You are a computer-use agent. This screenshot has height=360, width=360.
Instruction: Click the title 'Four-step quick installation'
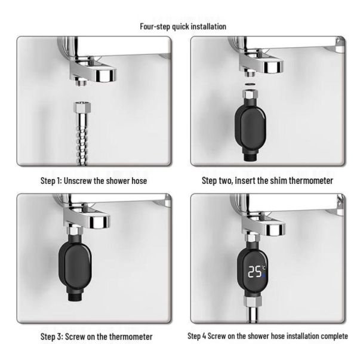(x=183, y=26)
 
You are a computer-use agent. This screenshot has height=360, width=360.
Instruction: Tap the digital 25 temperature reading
(x=254, y=272)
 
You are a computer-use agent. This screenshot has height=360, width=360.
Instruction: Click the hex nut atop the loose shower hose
(x=82, y=106)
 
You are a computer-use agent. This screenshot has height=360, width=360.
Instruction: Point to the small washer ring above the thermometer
(x=250, y=84)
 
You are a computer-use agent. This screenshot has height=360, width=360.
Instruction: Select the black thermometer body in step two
(x=251, y=126)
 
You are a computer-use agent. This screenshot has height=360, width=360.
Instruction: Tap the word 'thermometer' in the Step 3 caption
(x=131, y=337)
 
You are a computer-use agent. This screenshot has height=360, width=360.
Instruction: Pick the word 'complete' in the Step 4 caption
(x=334, y=336)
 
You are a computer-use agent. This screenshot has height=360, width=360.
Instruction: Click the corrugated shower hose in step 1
(x=82, y=138)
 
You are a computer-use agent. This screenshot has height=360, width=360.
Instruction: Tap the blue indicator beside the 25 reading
(x=263, y=275)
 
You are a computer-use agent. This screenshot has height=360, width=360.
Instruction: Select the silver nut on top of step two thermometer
(x=250, y=94)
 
